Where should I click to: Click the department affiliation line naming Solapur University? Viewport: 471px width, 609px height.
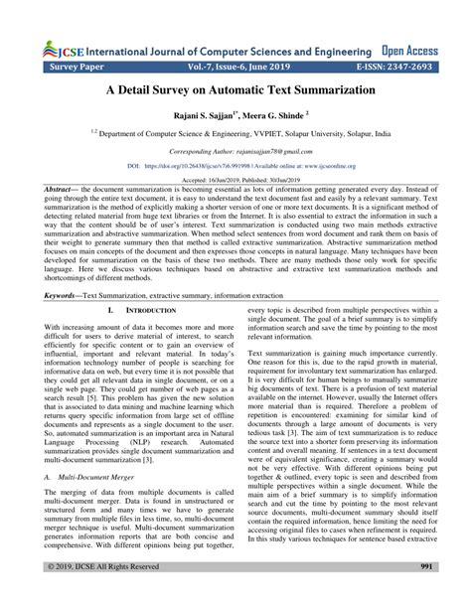tap(235, 133)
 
